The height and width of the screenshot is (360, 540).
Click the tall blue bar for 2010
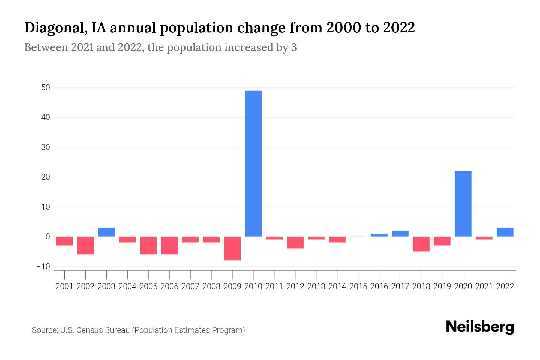coord(253,163)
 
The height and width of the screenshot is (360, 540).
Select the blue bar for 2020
coord(463,204)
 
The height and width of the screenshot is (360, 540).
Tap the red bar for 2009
coord(232,248)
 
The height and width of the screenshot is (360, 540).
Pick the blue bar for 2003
coord(106,232)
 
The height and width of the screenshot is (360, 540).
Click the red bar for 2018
coord(421,244)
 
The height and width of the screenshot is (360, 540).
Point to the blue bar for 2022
coord(505,232)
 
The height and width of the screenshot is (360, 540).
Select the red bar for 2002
coord(85,245)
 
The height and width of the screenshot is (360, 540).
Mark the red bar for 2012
coord(295,242)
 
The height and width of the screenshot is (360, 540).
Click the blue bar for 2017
coord(400,234)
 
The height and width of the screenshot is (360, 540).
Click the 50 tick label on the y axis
coord(46,88)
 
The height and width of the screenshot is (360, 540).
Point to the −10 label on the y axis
coord(43,266)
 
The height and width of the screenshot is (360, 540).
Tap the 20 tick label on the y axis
coord(46,177)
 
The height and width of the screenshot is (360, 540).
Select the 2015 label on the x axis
coord(358,286)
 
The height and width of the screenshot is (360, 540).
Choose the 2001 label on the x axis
coord(64,286)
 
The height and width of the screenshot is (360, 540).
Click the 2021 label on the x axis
coord(484,286)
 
